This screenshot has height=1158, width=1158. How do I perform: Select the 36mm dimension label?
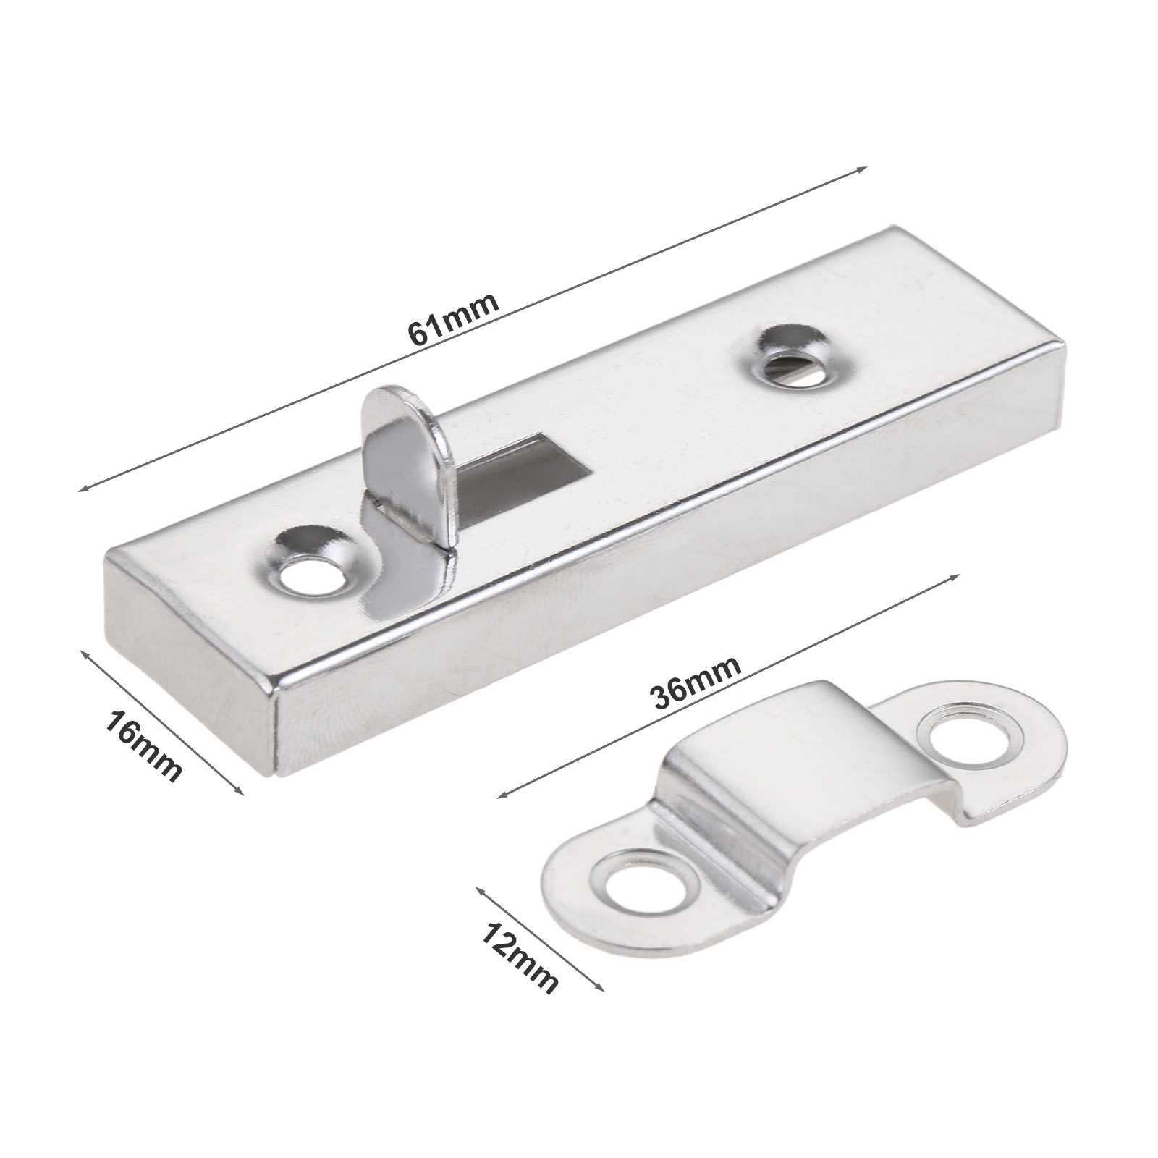696,682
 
